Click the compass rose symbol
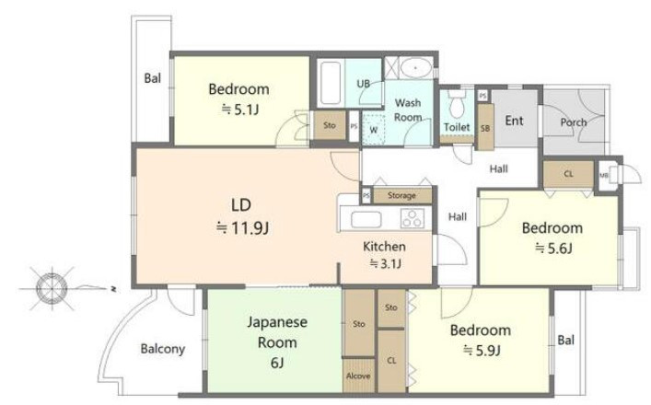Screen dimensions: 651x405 pyautogui.click(x=52, y=288)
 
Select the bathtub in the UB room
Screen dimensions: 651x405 pyautogui.click(x=331, y=83)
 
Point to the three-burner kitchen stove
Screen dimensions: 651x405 pyautogui.click(x=413, y=218)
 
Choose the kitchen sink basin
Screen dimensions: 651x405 pyautogui.click(x=366, y=219)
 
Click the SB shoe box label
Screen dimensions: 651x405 pyautogui.click(x=485, y=128)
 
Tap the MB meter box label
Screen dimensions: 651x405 pyautogui.click(x=604, y=175)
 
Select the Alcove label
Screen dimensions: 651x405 pyautogui.click(x=358, y=376)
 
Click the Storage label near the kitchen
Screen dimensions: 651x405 pyautogui.click(x=401, y=195)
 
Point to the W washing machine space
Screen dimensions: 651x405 pyautogui.click(x=374, y=129)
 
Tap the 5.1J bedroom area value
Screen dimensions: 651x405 pyautogui.click(x=240, y=110)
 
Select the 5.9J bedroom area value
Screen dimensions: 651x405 pyautogui.click(x=482, y=351)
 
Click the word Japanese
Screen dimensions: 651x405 pyautogui.click(x=277, y=322)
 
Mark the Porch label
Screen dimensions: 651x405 pyautogui.click(x=574, y=122)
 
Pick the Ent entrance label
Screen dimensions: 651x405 pyautogui.click(x=514, y=121)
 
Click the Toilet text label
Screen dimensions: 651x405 pyautogui.click(x=457, y=127)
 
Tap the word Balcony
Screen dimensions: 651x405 pyautogui.click(x=163, y=349)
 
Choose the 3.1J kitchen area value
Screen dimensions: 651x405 pyautogui.click(x=385, y=263)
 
